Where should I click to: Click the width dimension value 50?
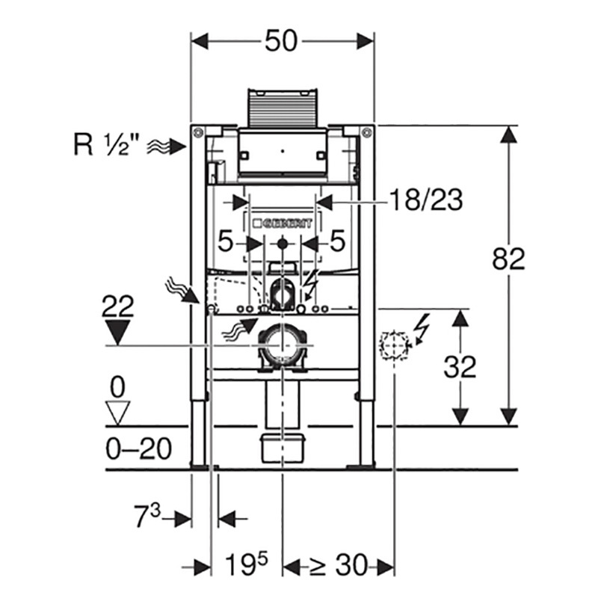tap(283, 42)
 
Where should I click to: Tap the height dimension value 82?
tap(509, 259)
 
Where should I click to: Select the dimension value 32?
tap(460, 367)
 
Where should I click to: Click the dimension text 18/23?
tap(425, 200)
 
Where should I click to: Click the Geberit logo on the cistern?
tap(283, 222)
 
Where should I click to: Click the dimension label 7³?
tap(147, 517)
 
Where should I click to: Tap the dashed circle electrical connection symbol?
tap(394, 345)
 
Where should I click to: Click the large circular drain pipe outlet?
tap(282, 346)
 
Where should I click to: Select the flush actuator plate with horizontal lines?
tap(282, 108)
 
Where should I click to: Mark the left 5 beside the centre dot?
tap(227, 241)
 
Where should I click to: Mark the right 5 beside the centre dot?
tap(337, 241)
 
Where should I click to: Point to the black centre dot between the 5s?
tap(283, 243)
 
